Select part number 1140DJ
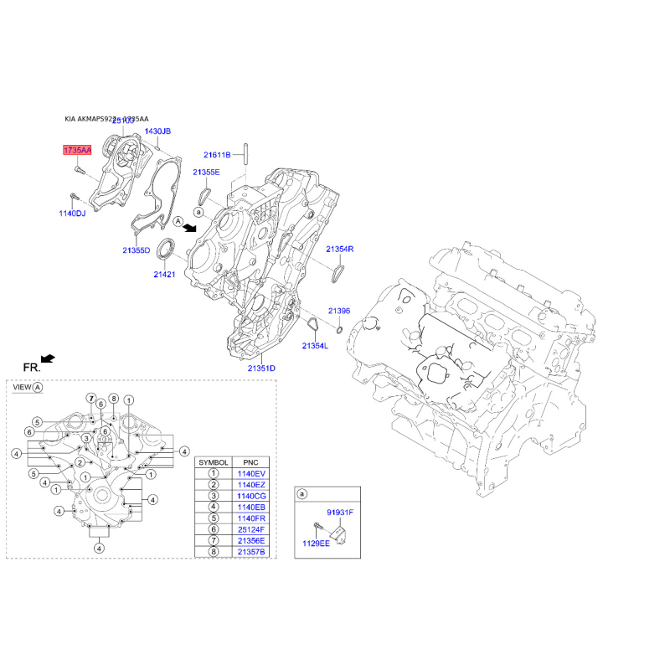tap(72, 214)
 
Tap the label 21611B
tap(216, 155)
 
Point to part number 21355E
tap(205, 172)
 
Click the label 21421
tap(165, 274)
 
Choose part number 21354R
tap(340, 250)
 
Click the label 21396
tap(338, 311)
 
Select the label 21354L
tap(315, 346)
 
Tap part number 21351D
tap(261, 368)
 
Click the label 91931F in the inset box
tap(340, 511)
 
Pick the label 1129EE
tap(317, 543)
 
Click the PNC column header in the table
tap(250, 461)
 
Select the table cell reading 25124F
tap(250, 530)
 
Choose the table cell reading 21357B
tap(250, 553)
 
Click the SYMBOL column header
tap(213, 461)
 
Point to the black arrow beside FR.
tap(49, 358)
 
